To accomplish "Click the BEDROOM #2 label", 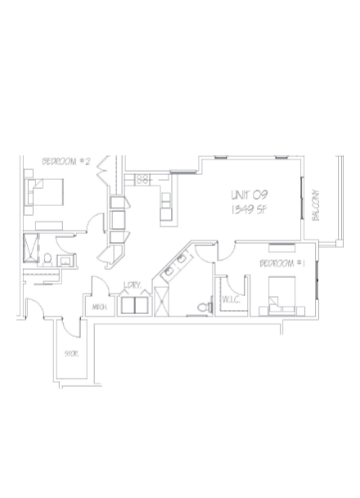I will click(x=65, y=162).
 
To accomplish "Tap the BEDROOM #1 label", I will click(x=282, y=263).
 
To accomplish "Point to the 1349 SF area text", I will click(x=249, y=210).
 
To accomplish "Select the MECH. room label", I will click(x=101, y=307).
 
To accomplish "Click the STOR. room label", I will click(x=70, y=353).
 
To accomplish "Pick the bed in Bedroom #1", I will click(x=279, y=295).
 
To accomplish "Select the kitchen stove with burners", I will click(x=141, y=177).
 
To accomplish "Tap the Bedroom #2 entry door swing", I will click(x=96, y=222).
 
